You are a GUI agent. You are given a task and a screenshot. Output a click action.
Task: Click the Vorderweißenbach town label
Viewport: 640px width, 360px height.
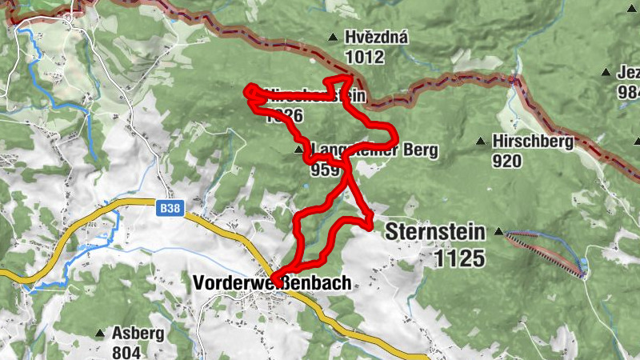[272, 282]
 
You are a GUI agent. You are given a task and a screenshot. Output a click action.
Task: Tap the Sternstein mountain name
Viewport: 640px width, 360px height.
[435, 233]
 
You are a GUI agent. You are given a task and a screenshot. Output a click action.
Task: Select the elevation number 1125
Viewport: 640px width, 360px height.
[460, 258]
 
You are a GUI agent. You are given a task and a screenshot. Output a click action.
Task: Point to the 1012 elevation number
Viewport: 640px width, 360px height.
[365, 57]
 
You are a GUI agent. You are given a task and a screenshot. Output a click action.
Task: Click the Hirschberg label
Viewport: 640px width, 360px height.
[534, 142]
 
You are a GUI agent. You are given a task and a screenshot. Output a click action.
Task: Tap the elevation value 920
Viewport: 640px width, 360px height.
[507, 161]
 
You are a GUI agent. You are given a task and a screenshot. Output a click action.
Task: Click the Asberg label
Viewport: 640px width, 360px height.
[138, 334]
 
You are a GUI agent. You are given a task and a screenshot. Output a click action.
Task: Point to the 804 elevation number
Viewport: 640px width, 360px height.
[127, 352]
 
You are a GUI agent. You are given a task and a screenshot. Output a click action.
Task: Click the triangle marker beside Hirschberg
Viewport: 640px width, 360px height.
[481, 142]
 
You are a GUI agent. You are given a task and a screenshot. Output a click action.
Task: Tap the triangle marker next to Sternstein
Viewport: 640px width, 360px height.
[499, 233]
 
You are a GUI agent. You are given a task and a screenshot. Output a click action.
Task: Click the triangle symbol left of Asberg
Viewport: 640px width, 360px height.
[100, 333]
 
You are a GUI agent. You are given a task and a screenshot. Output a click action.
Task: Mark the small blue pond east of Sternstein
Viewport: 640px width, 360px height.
[584, 265]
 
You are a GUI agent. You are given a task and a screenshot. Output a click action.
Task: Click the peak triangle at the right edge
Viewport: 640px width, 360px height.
[605, 71]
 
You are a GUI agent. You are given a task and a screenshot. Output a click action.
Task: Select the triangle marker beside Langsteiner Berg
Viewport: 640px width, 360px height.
[298, 150]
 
